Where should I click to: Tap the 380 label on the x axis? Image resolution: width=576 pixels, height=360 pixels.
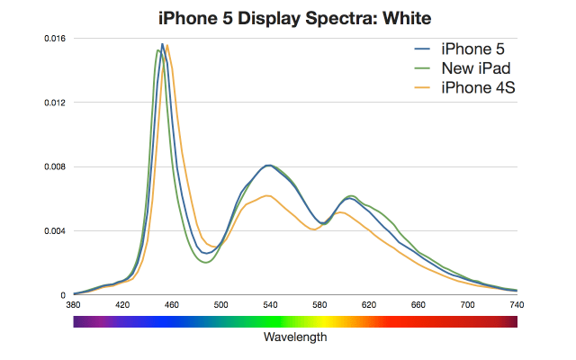pos(74,306)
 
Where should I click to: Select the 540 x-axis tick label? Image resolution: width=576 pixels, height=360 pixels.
pos(270,306)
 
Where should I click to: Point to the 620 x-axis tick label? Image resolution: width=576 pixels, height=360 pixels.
pos(369,306)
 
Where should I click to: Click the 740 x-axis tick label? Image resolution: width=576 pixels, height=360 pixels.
pos(517,306)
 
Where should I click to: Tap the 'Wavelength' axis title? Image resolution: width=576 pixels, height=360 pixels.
pos(295,338)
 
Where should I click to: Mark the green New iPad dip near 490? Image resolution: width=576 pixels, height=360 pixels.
pos(207,262)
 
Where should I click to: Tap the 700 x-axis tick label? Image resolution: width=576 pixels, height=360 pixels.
pos(467,306)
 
